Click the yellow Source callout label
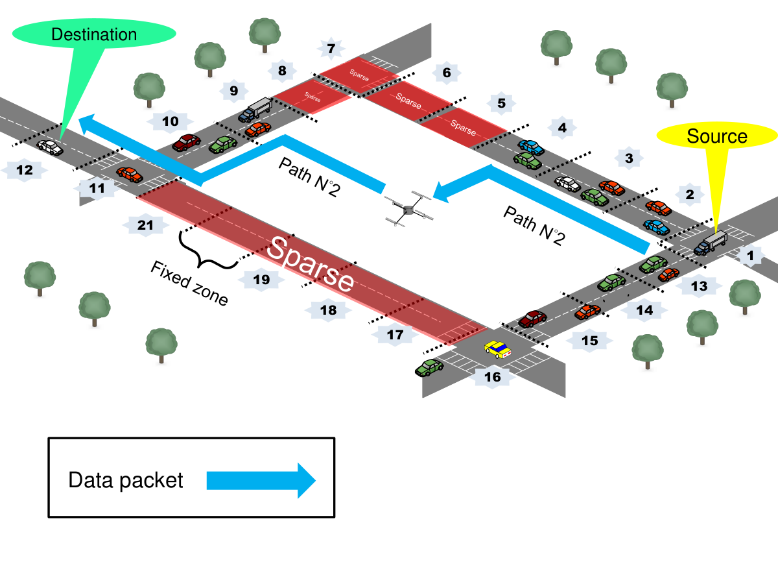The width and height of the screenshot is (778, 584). [x=716, y=136]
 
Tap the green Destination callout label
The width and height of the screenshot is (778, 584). [x=94, y=34]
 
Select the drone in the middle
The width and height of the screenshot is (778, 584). [x=408, y=209]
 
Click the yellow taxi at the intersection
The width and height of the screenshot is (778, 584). [x=498, y=349]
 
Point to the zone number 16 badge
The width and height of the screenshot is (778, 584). [x=492, y=376]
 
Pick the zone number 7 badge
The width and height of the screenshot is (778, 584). [x=331, y=49]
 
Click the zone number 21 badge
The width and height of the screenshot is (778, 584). [x=145, y=225]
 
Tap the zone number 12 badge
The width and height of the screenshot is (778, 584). [x=25, y=170]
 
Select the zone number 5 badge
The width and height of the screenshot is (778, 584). [x=501, y=103]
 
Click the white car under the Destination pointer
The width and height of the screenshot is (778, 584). [x=51, y=147]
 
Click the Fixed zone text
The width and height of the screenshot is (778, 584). [x=189, y=283]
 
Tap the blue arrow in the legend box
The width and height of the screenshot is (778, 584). [x=261, y=480]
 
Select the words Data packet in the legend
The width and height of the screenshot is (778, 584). [x=126, y=480]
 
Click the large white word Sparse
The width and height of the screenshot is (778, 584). [x=310, y=265]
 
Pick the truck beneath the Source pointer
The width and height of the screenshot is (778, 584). [x=711, y=243]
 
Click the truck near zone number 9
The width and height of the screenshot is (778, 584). [x=255, y=109]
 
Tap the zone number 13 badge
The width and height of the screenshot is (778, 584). [x=699, y=286]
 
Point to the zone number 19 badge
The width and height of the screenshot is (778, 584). [x=261, y=280]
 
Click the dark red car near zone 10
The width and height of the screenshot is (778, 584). [x=187, y=142]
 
